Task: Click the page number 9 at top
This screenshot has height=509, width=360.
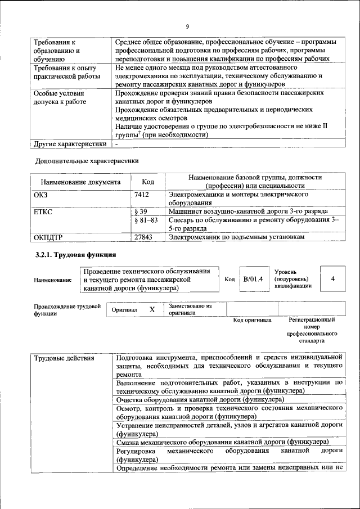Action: pos(187,26)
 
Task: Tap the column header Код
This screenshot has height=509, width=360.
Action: pos(147,182)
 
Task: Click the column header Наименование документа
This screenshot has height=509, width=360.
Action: pos(80,182)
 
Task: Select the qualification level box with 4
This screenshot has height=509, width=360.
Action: pos(333,279)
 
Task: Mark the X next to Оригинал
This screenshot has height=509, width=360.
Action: pos(152,309)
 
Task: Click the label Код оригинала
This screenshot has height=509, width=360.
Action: pos(252,320)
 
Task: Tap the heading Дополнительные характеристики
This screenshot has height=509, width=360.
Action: pos(87,160)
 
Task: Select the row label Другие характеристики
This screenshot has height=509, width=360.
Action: pos(70,144)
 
